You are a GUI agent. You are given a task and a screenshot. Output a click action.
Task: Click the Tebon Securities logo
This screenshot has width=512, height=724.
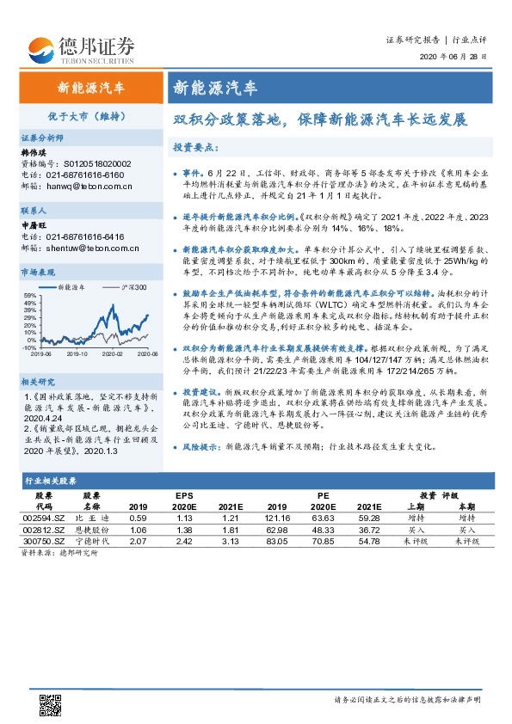81,48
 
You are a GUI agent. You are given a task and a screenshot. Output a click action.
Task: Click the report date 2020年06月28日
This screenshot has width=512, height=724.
460,57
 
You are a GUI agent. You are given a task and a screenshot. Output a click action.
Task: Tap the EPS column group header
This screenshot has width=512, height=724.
185,496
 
